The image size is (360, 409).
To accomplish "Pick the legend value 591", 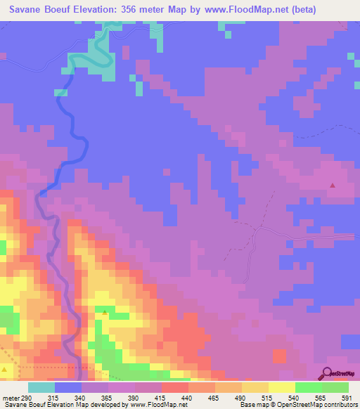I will [347, 397].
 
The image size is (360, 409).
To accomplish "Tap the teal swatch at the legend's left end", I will [41, 387].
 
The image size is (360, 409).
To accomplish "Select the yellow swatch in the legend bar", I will [281, 387].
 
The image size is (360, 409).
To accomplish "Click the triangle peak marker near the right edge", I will [333, 186].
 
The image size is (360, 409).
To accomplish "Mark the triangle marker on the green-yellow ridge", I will [105, 311].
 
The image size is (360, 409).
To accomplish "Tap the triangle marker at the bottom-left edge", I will [5, 368].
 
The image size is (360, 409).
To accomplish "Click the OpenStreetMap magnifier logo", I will [328, 373].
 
